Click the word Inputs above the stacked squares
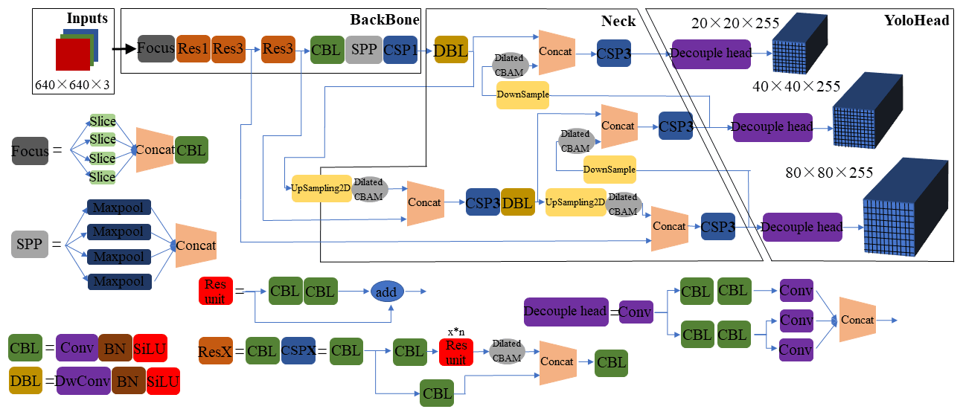click(87, 18)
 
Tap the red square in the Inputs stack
click(72, 54)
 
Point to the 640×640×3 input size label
click(72, 85)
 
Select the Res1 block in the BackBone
click(193, 49)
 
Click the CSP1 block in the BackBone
click(400, 49)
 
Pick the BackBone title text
click(385, 19)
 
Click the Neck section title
click(618, 21)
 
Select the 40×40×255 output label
click(796, 86)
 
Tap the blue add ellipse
click(386, 292)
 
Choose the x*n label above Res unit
click(455, 331)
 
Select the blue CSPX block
click(298, 350)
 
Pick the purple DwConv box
click(83, 382)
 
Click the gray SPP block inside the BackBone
click(363, 49)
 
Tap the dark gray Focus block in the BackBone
click(156, 49)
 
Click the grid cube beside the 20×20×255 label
click(800, 45)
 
